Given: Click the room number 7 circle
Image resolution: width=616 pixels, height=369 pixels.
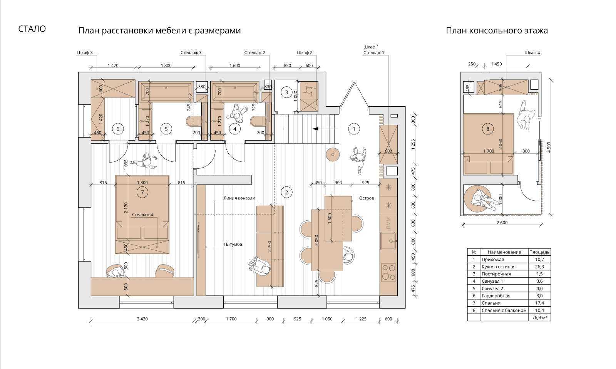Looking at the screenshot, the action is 142,193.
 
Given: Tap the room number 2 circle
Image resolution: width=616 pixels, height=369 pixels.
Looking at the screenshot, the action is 286,192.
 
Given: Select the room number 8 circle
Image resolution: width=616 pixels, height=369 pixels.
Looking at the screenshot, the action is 488,129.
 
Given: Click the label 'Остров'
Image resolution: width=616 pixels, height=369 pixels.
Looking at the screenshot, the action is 367,198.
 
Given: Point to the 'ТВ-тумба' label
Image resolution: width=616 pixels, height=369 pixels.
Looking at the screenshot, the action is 233,244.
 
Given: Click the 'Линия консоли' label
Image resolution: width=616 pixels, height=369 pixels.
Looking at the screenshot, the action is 239,198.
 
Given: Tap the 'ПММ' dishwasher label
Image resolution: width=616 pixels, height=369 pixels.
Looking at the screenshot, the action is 388,223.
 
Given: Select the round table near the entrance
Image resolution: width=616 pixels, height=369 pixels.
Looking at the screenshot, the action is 333,155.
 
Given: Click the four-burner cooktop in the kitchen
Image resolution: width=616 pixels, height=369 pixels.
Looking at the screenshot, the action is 388,272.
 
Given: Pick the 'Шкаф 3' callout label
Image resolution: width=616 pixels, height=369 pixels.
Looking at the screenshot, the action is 85,53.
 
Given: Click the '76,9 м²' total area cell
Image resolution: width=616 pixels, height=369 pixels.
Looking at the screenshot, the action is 539,318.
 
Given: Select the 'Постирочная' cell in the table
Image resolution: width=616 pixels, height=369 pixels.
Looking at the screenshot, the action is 496,274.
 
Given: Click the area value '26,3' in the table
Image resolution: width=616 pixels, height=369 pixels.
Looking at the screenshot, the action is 539,267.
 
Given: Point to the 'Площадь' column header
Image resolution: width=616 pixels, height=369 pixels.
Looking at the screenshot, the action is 539,252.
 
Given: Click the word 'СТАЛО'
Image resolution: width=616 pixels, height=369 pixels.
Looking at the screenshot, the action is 32,29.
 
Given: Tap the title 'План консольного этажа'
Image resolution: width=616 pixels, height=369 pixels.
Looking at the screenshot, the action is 497,30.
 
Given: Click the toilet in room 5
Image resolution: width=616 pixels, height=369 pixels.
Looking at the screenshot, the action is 191,122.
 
